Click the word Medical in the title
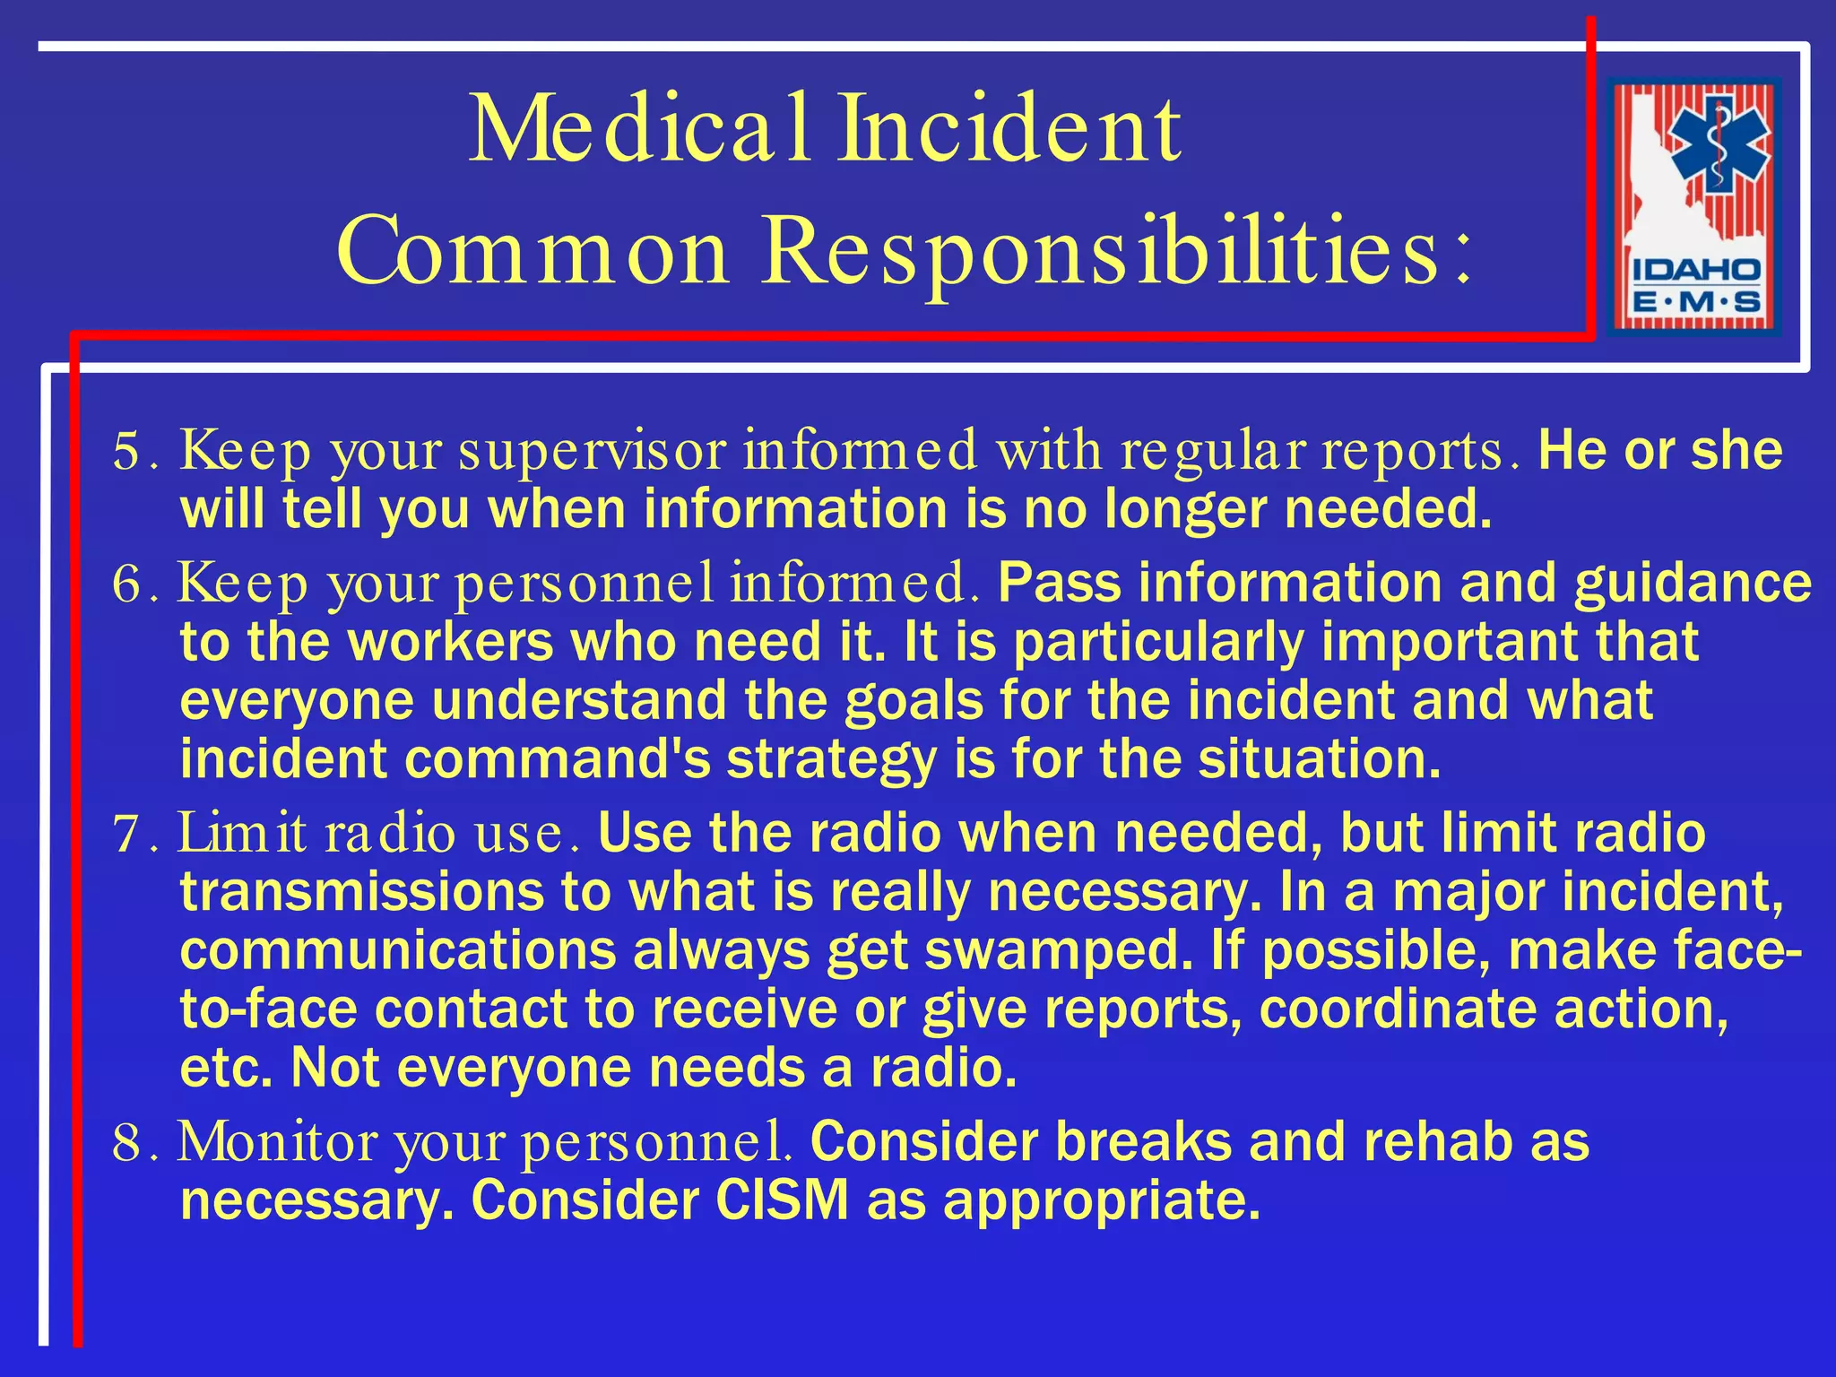point(640,131)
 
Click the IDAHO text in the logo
point(1695,270)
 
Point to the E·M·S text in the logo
point(1695,302)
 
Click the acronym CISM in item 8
point(782,1199)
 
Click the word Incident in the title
point(1009,131)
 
